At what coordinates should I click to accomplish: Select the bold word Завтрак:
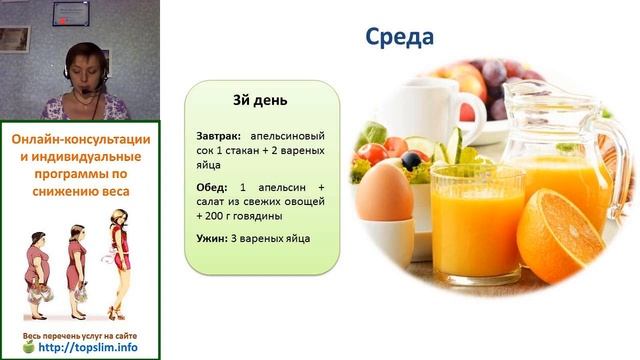pos(219,135)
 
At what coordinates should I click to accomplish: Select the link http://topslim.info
pos(87,349)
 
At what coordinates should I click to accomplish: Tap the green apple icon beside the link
pos(28,348)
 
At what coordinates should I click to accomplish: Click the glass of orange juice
pos(463,220)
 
